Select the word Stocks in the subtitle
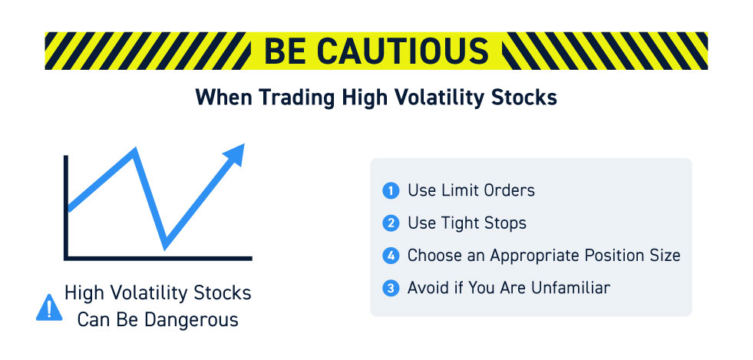coord(528,98)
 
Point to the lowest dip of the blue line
coord(165,246)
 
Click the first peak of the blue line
coord(135,150)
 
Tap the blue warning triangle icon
coord(49,308)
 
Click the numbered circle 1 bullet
coord(391,191)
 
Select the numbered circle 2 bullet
coord(391,223)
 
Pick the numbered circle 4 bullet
coord(391,256)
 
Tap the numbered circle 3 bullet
coord(391,288)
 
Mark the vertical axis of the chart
coord(66,207)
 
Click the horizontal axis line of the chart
coord(158,258)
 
